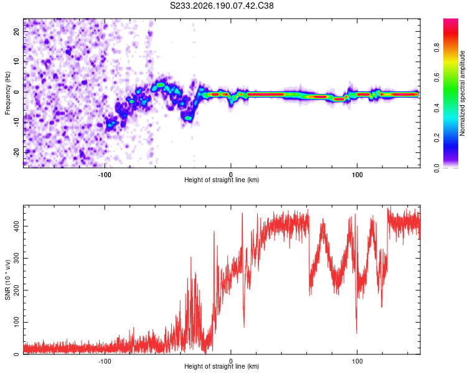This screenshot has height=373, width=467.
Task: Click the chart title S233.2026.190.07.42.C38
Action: coord(222,6)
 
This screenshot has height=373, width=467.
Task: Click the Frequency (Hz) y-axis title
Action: coord(7,93)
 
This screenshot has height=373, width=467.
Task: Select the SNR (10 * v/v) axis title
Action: coord(7,280)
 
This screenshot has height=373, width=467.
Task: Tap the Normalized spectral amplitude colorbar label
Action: coord(462,93)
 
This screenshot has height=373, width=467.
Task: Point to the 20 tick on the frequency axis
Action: coord(16,31)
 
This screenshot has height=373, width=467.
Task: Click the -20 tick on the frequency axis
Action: coord(16,153)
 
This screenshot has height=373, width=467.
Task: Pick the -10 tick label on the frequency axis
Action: coord(16,122)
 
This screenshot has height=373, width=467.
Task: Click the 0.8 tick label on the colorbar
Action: coord(436,48)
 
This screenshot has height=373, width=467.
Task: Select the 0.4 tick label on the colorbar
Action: coord(436,108)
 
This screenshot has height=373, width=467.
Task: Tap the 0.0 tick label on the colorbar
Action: coord(436,168)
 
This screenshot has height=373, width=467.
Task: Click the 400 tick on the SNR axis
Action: coord(16,226)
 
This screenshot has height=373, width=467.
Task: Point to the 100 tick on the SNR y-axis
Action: coord(16,322)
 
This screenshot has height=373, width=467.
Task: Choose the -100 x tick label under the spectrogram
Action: coord(105,175)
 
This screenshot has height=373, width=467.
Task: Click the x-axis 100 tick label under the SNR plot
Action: coord(357,361)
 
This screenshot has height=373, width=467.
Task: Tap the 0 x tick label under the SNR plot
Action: coord(231,361)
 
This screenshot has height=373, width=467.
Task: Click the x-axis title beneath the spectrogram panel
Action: coord(222,180)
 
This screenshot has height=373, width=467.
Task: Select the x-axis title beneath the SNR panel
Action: coord(222,366)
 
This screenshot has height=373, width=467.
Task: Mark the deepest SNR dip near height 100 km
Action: coord(357,333)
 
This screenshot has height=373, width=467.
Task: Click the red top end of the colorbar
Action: coord(451,20)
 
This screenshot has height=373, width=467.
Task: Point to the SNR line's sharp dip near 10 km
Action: coord(244,327)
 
